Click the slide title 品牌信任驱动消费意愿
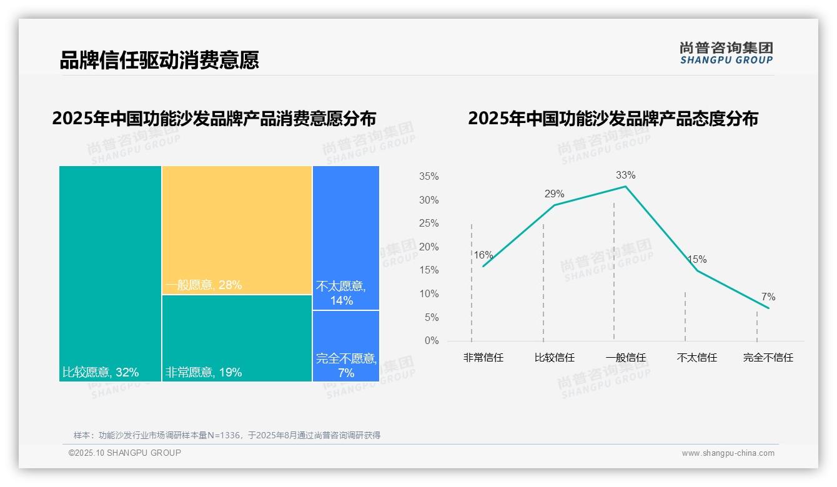click(x=159, y=60)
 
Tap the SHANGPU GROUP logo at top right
click(x=726, y=53)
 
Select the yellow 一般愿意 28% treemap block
click(x=237, y=230)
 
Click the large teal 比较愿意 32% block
click(x=110, y=273)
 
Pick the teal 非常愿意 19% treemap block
click(x=237, y=338)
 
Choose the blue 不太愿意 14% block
click(x=345, y=237)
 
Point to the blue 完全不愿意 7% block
click(x=345, y=346)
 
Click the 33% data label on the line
click(x=625, y=175)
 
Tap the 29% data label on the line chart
click(x=554, y=194)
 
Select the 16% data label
click(x=483, y=255)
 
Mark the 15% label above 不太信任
click(x=696, y=260)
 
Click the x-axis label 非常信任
click(x=483, y=358)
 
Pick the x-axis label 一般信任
click(x=625, y=358)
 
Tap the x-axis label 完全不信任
click(x=768, y=358)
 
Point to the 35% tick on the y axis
click(x=428, y=177)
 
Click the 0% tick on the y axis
click(x=432, y=341)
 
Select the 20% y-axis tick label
click(x=428, y=247)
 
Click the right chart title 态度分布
click(x=612, y=119)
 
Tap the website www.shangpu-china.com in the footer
click(x=728, y=453)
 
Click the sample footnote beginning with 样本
click(x=227, y=435)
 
